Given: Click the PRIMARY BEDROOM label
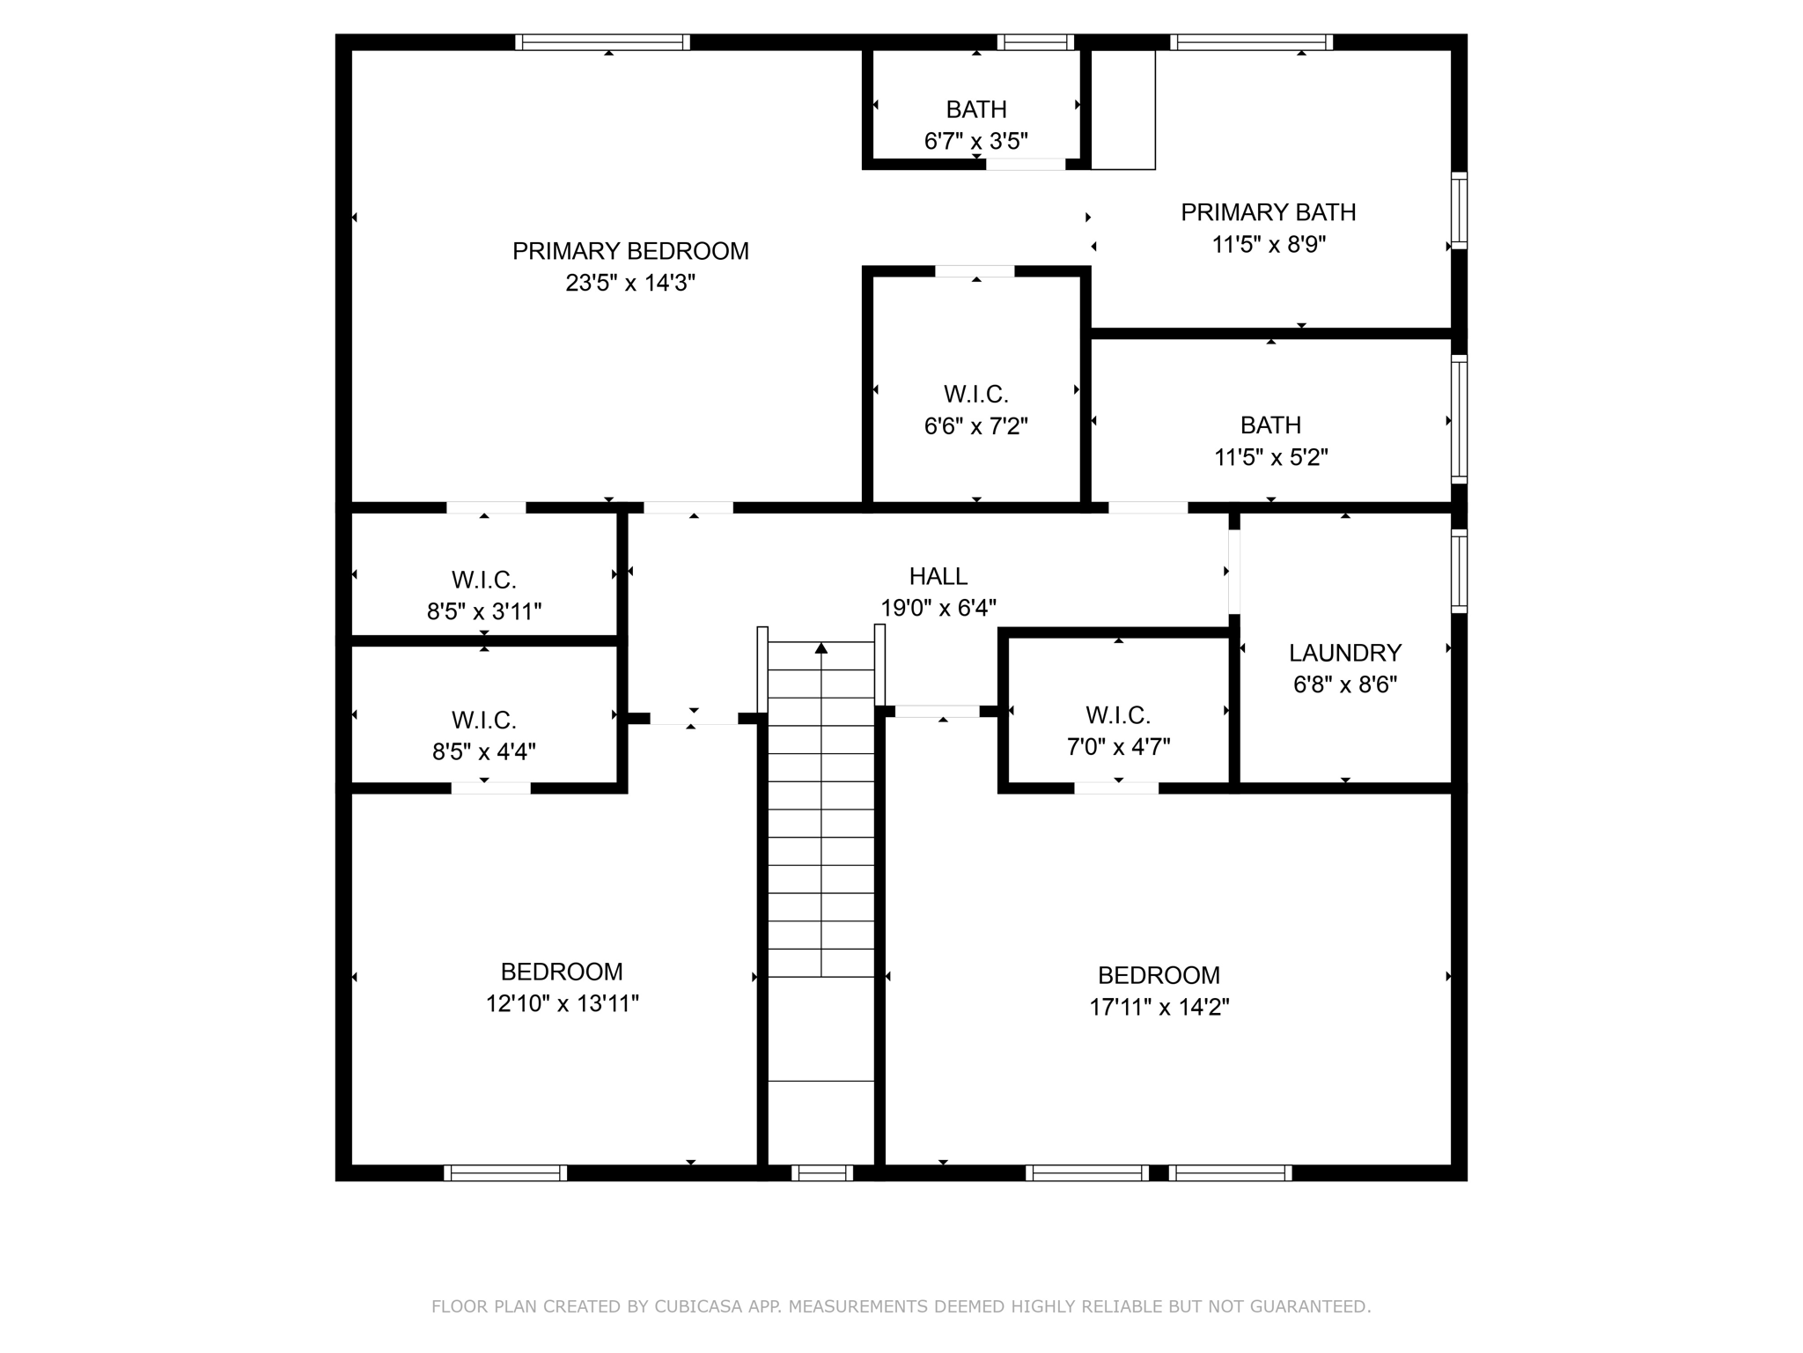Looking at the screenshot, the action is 630,251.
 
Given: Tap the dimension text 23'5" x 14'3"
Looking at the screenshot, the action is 630,283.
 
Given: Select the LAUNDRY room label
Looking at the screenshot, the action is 1344,653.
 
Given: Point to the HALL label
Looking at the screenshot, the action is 938,576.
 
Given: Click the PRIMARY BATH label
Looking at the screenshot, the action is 1268,212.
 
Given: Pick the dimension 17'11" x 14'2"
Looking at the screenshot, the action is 1159,1007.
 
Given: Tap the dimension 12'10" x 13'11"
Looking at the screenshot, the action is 562,1003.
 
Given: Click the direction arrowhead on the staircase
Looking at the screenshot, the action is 821,647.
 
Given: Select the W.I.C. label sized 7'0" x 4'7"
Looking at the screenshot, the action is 1118,715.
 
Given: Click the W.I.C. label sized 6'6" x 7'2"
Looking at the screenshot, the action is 975,394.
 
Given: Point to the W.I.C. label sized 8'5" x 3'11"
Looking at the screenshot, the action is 483,580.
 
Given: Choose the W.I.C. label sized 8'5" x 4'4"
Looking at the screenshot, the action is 483,720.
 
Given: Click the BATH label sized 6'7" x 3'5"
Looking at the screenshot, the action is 976,109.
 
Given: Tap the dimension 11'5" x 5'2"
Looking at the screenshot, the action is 1270,457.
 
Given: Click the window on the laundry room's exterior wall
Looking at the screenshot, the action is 1459,571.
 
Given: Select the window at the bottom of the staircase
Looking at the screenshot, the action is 821,1172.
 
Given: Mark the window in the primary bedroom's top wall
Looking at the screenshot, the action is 602,42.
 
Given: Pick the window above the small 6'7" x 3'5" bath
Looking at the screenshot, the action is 1035,42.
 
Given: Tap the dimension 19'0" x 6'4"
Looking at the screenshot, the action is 938,608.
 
